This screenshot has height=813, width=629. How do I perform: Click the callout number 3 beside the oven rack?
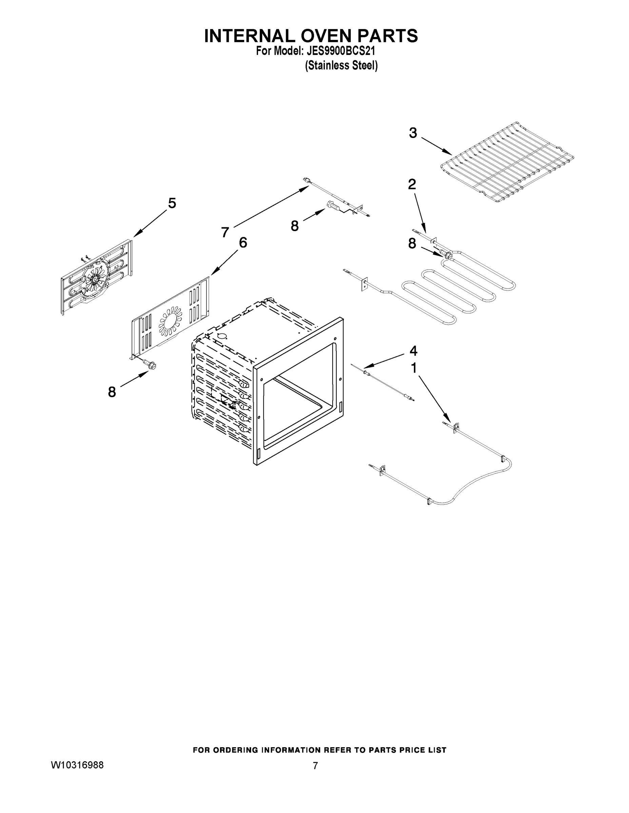(x=413, y=133)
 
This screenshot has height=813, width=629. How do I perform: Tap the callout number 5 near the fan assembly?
(x=172, y=203)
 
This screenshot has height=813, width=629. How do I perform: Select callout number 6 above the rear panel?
(x=242, y=243)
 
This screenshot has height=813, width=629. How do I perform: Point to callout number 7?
(x=225, y=232)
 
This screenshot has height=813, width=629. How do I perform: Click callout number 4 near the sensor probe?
(x=413, y=351)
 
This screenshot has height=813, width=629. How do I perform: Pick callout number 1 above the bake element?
(x=413, y=368)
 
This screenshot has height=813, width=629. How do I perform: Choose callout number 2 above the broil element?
(x=412, y=184)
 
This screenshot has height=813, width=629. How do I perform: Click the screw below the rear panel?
(x=151, y=366)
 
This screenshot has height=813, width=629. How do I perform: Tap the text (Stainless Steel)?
(x=341, y=66)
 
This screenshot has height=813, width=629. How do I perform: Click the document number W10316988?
(x=77, y=765)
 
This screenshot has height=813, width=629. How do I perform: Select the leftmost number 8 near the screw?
(x=112, y=392)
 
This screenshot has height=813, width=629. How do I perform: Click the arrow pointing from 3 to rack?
(x=437, y=146)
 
